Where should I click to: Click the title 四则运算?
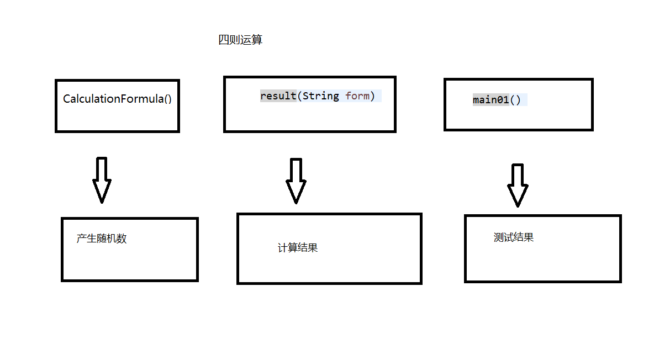240,40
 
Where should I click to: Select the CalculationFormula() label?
117,99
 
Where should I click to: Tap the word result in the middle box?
278,96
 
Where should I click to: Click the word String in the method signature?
321,96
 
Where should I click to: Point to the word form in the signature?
357,96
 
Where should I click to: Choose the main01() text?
497,100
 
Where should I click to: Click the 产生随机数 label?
102,239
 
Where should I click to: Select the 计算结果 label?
298,248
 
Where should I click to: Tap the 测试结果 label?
514,237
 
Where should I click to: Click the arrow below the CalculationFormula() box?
102,179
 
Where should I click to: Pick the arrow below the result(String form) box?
296,181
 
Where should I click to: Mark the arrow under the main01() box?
518,185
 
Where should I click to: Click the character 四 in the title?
224,40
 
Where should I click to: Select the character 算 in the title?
257,40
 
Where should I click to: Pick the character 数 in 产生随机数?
122,239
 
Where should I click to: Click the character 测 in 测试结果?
499,237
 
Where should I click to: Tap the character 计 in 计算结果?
283,248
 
